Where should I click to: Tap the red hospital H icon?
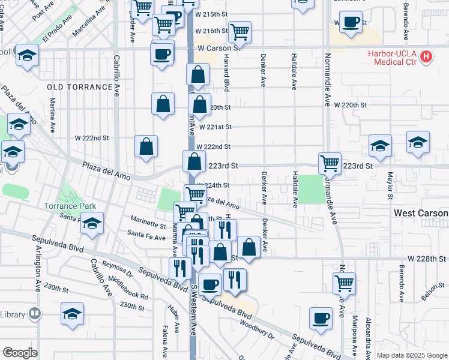426,57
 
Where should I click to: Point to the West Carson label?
421,213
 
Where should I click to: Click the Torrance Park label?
70,206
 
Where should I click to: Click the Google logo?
20,353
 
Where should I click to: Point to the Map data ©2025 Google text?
411,355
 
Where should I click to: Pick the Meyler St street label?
390,184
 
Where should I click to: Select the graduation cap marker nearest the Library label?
72,313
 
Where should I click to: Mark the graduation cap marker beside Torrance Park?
91,223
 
